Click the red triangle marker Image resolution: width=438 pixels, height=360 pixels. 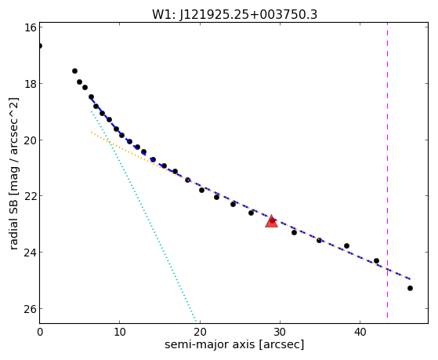point(272,221)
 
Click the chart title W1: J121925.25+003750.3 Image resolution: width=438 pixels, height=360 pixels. point(234,15)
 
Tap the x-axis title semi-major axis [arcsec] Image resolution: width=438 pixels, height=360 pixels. point(234,344)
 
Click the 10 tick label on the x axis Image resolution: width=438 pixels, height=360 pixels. point(120,332)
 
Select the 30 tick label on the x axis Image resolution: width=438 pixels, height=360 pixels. point(280,332)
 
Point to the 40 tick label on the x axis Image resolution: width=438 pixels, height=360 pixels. point(360,332)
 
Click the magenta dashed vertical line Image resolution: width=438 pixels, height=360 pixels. point(387,170)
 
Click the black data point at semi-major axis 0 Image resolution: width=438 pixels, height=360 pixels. point(40,45)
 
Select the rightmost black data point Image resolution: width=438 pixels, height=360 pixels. point(410,288)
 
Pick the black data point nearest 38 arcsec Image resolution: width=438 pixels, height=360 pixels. point(346,245)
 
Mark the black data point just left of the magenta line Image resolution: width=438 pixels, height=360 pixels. point(376,260)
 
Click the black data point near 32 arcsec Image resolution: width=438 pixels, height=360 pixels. point(294,232)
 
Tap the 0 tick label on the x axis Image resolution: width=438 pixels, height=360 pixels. point(40,332)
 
